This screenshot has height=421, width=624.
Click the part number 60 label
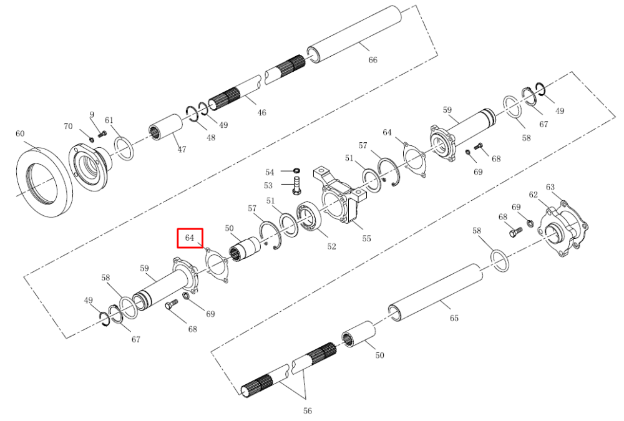pos(20,133)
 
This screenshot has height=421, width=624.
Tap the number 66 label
pos(373,60)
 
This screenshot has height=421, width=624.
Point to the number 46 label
pos(261,113)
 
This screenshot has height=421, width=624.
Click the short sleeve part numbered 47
pos(165,127)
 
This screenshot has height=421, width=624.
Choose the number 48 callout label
pos(211,138)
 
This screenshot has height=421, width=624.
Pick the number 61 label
pos(109,120)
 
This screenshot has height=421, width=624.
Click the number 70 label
pos(68,126)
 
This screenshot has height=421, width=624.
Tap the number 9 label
pos(92,115)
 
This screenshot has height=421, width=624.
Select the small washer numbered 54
pos(296,171)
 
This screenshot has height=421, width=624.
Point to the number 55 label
pos(366,238)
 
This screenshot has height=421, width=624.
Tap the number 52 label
pos(331,247)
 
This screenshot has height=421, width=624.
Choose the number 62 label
pos(534,195)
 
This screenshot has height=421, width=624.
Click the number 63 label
pos(550,187)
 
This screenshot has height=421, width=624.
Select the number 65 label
pos(454,318)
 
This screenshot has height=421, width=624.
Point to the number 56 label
pos(307,410)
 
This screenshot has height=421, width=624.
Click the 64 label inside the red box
pos(190,238)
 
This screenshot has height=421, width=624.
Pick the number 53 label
pos(268,185)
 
